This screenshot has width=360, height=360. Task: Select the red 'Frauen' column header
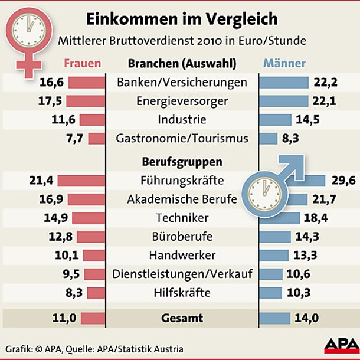[x=82, y=63]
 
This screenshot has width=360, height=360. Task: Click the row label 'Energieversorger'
[x=182, y=101]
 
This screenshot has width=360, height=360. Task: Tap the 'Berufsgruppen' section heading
[x=182, y=161]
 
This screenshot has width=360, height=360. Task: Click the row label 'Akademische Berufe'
[x=182, y=199]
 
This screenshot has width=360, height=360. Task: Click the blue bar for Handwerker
[x=274, y=256]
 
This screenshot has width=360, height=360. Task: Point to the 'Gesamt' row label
[x=182, y=318]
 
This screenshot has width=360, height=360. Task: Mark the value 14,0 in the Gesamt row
[x=307, y=318]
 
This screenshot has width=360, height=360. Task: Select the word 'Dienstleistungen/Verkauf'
[x=182, y=274]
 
